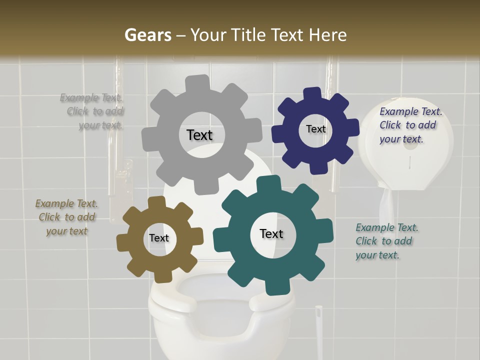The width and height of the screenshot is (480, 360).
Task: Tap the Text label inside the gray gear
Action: pyautogui.click(x=199, y=135)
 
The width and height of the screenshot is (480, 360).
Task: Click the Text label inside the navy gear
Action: pyautogui.click(x=315, y=129)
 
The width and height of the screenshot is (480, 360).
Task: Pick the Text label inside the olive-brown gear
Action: pyautogui.click(x=159, y=238)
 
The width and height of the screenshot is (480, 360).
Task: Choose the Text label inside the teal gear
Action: pyautogui.click(x=271, y=233)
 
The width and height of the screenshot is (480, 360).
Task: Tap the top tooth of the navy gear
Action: pyautogui.click(x=313, y=94)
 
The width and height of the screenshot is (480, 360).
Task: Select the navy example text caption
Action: pyautogui.click(x=410, y=125)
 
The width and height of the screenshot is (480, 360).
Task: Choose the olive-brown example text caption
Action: pyautogui.click(x=67, y=217)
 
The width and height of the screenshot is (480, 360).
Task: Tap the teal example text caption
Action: pyautogui.click(x=386, y=241)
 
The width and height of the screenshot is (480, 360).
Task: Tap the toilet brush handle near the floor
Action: pyautogui.click(x=318, y=332)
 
